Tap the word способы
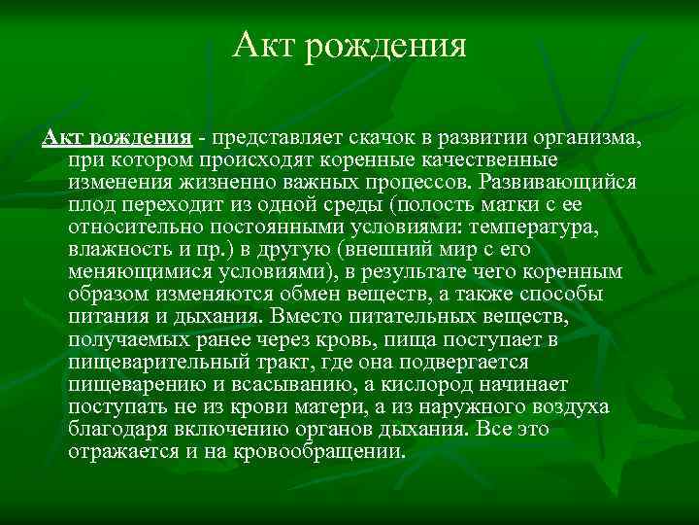tap(562, 293)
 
